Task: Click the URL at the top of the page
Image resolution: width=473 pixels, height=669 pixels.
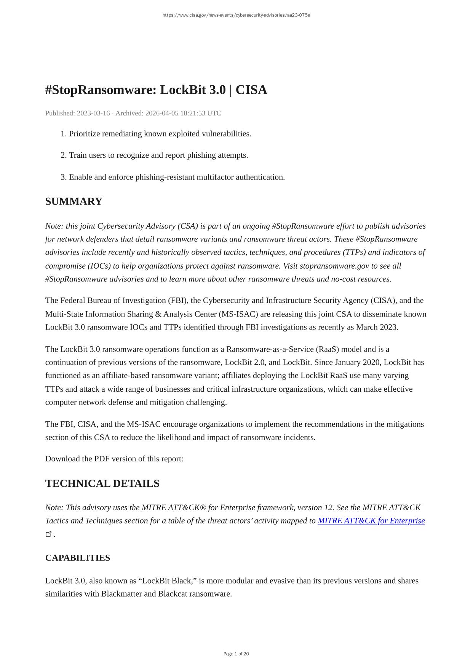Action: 236,15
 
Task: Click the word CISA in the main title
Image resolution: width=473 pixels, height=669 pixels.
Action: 251,90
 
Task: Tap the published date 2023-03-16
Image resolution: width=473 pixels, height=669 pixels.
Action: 93,113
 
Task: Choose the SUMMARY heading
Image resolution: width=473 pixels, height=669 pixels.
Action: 74,202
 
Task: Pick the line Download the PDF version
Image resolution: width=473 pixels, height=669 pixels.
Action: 114,459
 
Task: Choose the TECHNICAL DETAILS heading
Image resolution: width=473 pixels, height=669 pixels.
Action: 102,483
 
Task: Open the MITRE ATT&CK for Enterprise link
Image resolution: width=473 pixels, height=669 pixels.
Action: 371,521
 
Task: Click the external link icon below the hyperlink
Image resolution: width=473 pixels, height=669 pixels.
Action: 48,534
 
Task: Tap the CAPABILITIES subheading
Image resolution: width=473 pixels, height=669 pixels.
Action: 78,558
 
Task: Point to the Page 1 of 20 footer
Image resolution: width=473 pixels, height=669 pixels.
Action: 236,654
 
